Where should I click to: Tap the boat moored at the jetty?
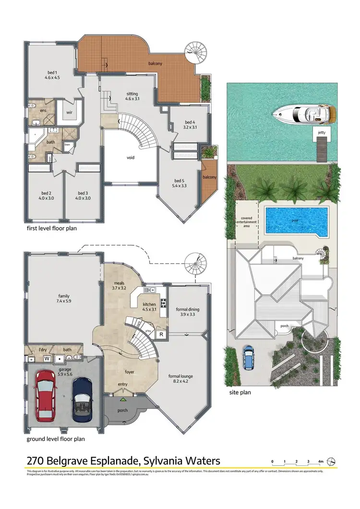point(305,114)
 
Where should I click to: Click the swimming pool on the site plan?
point(297,221)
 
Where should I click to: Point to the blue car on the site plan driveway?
point(249,357)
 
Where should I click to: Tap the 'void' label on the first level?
point(131,158)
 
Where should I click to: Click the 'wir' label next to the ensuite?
point(68,112)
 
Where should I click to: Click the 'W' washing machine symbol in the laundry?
point(47,358)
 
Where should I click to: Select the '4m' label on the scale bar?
point(321,461)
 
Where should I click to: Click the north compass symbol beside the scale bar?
point(332,461)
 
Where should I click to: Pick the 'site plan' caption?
point(240,392)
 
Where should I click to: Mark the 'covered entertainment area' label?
point(246,222)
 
